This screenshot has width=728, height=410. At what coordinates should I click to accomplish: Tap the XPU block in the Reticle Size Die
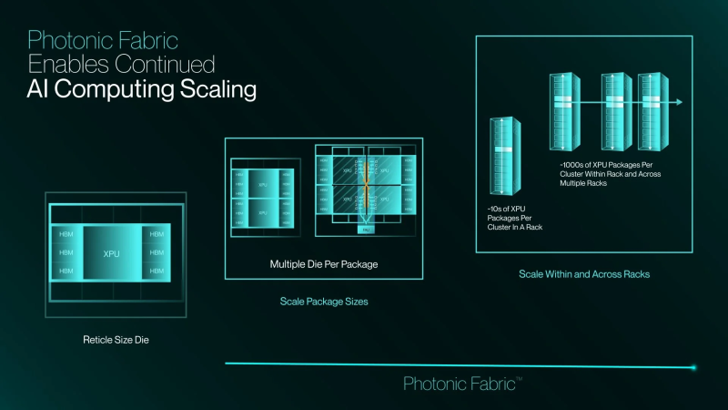pyautogui.click(x=112, y=252)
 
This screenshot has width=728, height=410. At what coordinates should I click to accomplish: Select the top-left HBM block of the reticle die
pyautogui.click(x=66, y=233)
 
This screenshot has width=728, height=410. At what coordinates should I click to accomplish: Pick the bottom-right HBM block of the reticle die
pyautogui.click(x=157, y=272)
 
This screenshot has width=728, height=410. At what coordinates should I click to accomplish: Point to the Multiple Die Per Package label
pyautogui.click(x=323, y=264)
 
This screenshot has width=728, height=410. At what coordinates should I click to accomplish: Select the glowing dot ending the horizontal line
pyautogui.click(x=693, y=367)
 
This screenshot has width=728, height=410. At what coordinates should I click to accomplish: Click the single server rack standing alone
pyautogui.click(x=499, y=158)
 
